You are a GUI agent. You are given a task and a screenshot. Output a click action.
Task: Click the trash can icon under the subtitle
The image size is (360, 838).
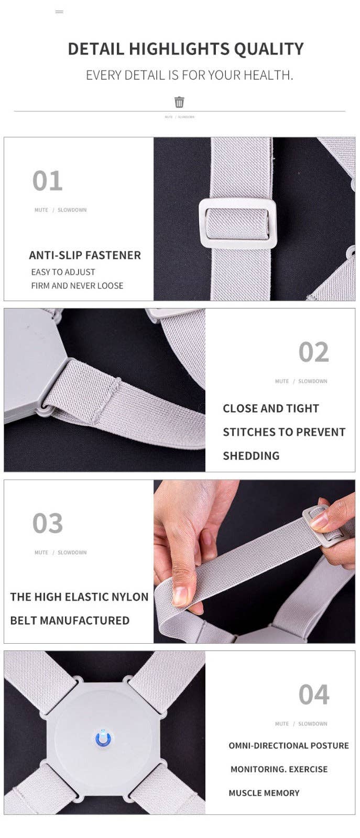point(179,102)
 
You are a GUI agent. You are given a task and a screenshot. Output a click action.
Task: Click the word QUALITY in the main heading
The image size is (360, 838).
point(269,49)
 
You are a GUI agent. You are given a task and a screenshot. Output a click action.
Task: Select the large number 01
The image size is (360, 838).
point(48,181)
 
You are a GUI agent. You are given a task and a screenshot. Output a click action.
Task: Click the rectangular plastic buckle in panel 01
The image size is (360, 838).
point(238,223)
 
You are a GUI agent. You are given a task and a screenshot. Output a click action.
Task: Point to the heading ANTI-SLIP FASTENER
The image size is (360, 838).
point(85,255)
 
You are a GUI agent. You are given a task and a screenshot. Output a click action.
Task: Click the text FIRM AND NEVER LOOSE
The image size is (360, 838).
point(77,286)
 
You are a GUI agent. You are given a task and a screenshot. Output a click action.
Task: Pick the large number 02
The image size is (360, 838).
point(313,352)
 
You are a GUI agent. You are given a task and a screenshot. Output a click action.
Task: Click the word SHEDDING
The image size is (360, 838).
point(251,456)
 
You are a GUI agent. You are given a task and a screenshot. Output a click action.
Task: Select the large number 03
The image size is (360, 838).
point(48,523)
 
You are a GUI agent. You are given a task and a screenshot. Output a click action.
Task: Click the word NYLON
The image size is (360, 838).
point(128,597)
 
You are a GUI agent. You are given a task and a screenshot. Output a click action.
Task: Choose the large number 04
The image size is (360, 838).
point(313,694)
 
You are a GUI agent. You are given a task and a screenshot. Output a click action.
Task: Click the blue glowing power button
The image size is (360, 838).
point(103,738)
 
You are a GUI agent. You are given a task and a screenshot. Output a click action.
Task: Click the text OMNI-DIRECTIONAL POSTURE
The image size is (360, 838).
point(289,746)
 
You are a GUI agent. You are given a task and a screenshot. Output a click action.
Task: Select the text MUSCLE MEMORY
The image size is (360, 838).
point(264,793)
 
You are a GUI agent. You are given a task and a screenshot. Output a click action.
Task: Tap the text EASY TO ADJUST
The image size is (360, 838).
point(63,272)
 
